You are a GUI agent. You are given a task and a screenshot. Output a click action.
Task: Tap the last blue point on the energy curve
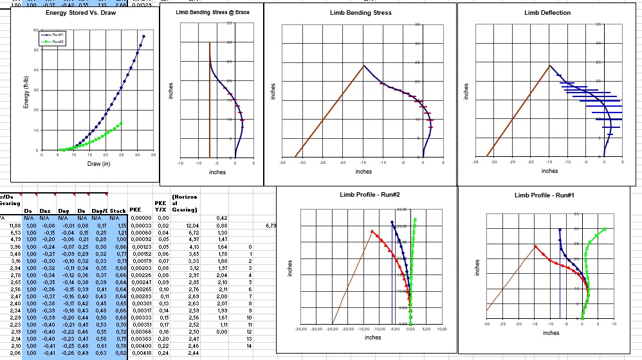143,37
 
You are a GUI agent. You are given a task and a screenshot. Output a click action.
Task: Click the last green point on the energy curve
121,123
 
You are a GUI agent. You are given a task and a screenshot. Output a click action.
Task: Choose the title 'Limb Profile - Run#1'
544,195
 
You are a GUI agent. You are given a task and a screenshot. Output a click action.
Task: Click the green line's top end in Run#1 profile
605,229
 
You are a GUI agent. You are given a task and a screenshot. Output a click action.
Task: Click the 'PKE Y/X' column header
161,206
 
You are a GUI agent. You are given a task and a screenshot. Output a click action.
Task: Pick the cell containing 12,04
191,226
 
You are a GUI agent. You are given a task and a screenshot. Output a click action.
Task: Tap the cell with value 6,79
270,226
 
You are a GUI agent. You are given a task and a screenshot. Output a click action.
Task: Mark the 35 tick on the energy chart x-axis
154,155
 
